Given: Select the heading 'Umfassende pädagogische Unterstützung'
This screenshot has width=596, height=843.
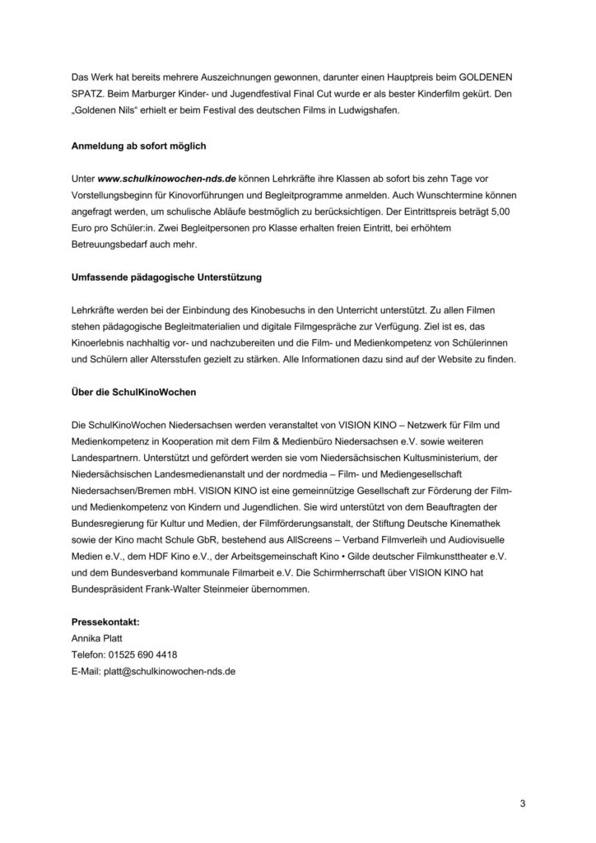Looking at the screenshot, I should pos(166,277).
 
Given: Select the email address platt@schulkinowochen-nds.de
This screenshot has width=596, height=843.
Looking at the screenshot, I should pos(169,671).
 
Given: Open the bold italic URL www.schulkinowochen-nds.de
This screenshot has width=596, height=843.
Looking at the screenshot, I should pos(167,178).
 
